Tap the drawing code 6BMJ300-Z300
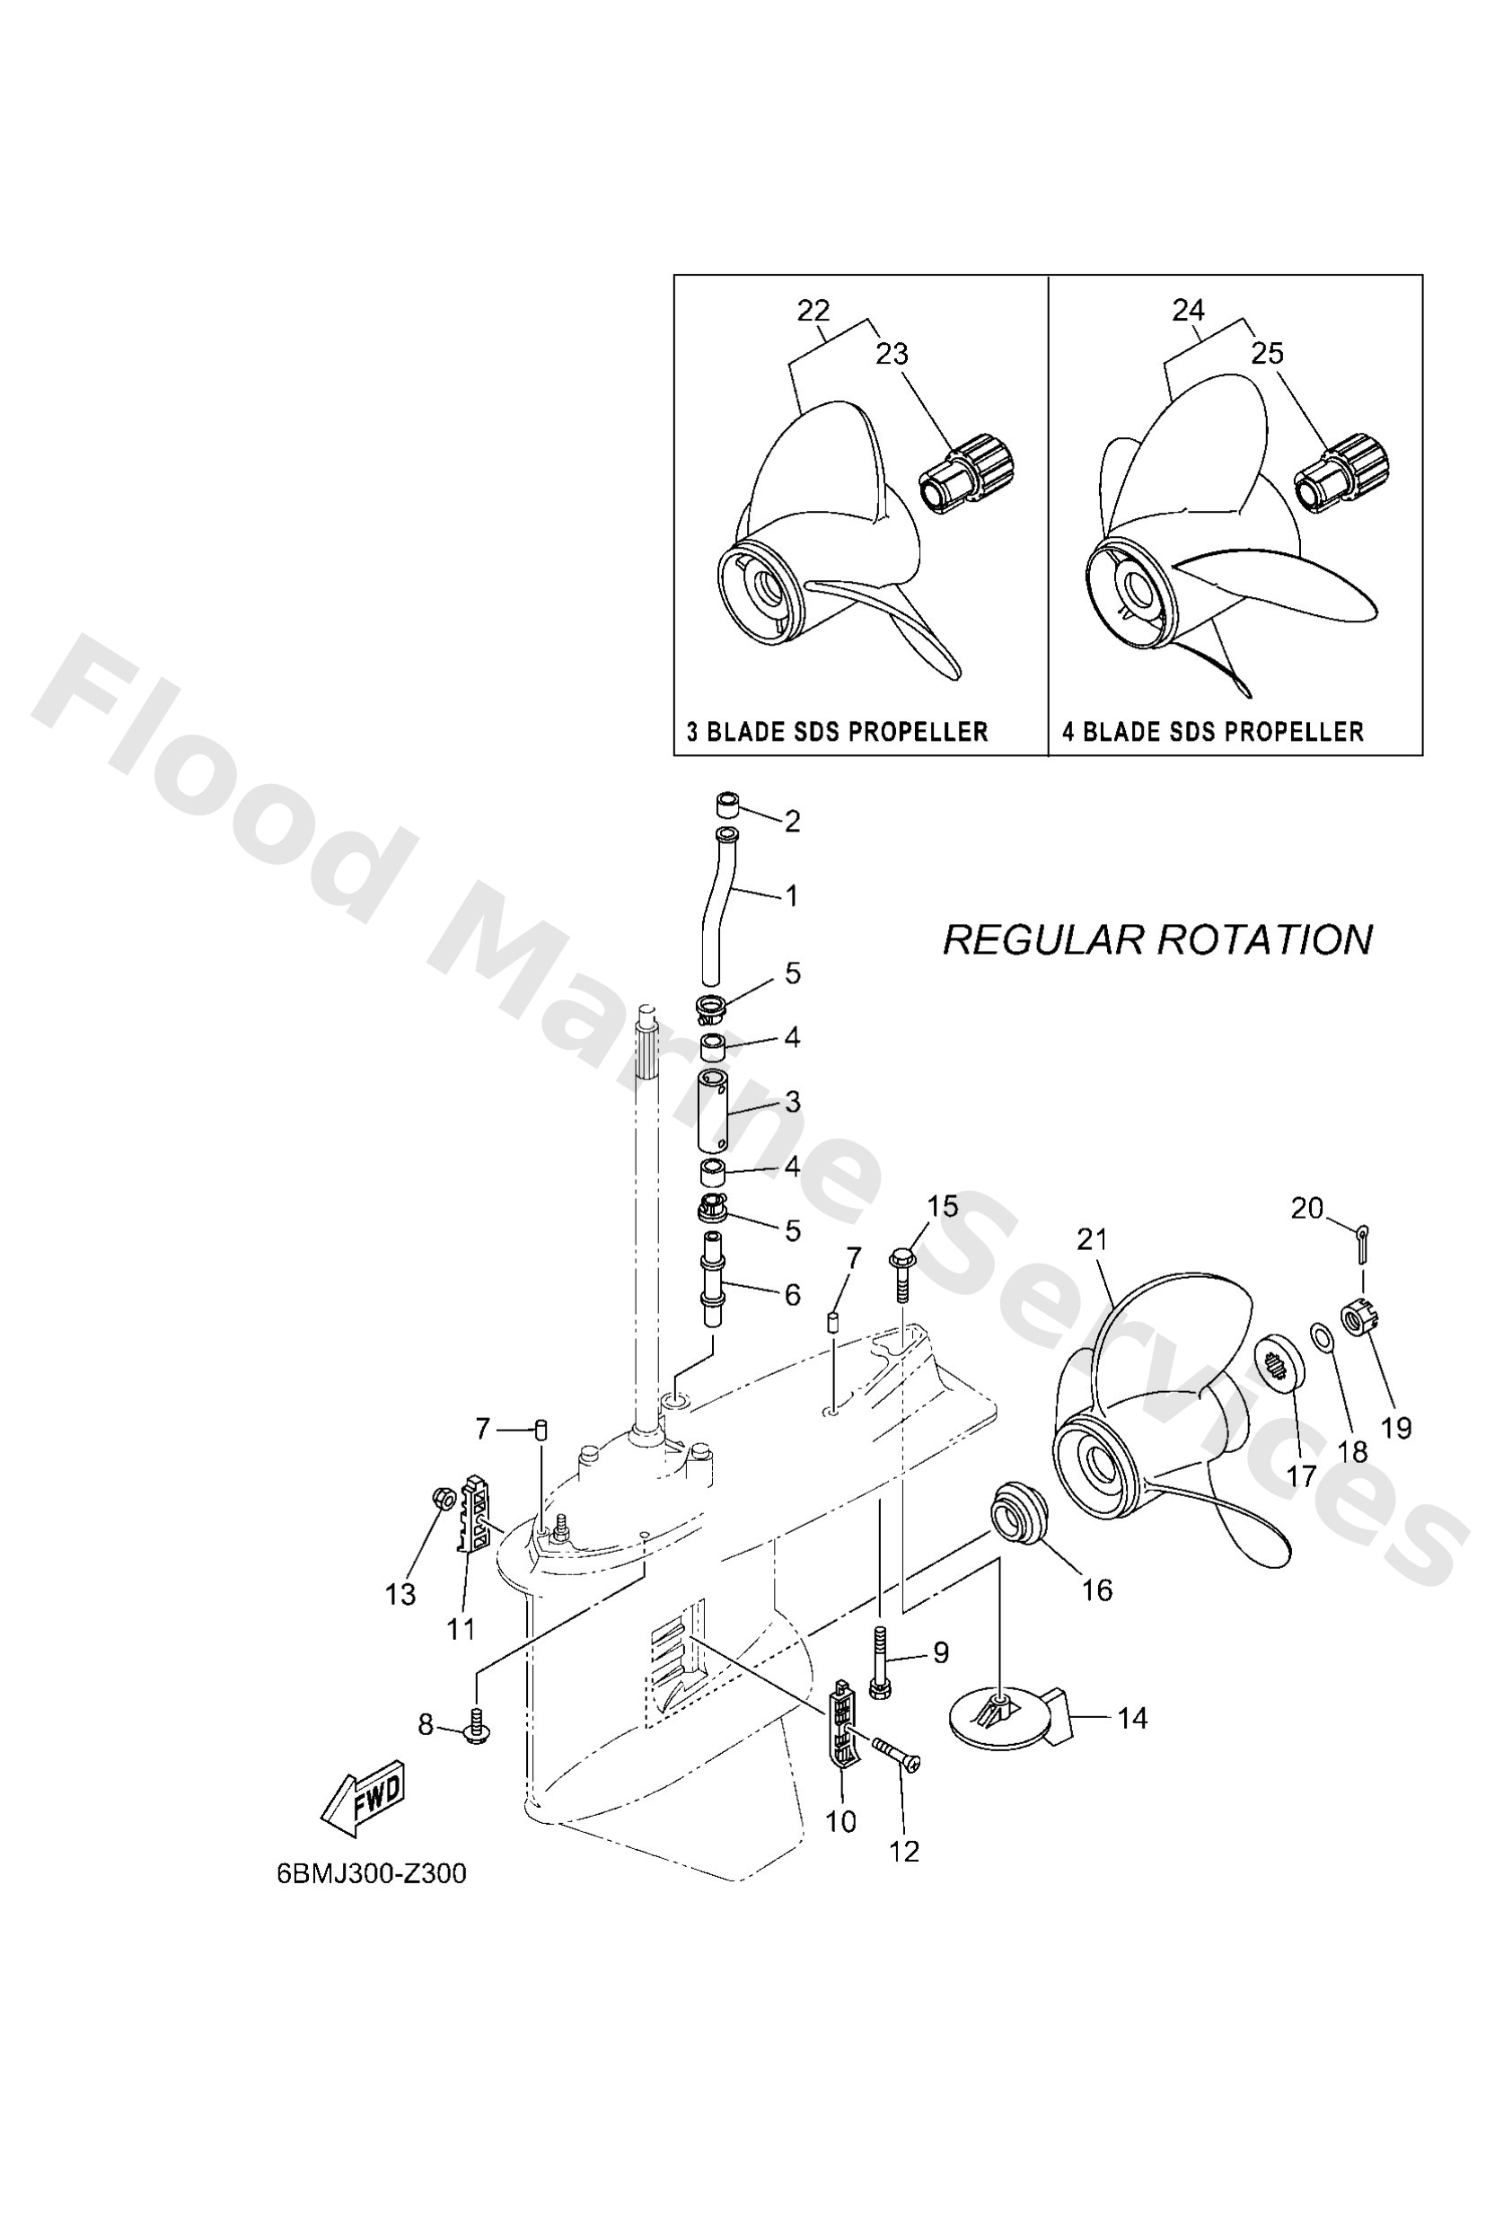(x=371, y=1874)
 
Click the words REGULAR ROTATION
(x=1157, y=939)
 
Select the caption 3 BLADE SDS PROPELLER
(x=837, y=733)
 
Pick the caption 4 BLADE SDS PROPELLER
(x=1213, y=733)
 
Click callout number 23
(x=892, y=354)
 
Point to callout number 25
(x=1267, y=354)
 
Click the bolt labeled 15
(x=904, y=1271)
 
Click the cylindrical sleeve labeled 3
(x=712, y=1112)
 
